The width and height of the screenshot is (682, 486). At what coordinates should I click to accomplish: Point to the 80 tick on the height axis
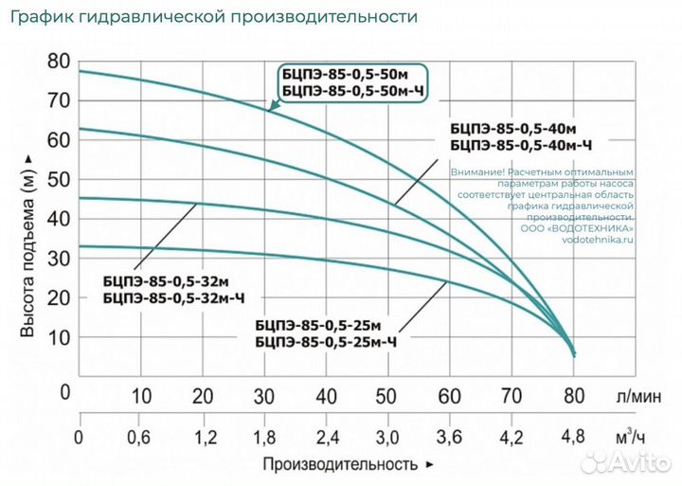coord(59,61)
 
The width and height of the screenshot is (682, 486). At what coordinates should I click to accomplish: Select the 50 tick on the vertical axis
coord(59,179)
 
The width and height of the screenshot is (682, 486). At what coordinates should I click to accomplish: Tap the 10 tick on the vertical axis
coord(59,337)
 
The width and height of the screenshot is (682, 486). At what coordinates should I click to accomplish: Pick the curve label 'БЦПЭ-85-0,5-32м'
coord(165,281)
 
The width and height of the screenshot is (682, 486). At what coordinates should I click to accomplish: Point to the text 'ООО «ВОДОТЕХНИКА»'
coord(578,228)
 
